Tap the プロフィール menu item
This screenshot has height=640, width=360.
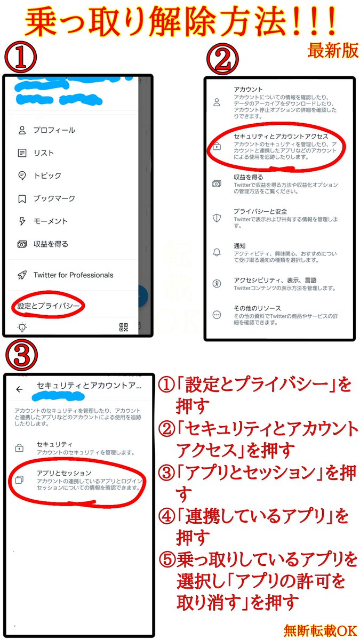point(54,130)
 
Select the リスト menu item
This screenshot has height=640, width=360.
point(43,153)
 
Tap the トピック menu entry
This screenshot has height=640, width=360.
point(47,175)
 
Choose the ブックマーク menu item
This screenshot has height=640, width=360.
point(54,198)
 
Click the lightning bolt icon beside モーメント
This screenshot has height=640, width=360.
point(22,221)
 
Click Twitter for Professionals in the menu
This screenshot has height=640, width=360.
point(73,275)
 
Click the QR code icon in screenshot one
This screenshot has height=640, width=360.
point(124,327)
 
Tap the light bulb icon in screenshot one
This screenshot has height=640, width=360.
point(22,327)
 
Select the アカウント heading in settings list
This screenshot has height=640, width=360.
point(248,90)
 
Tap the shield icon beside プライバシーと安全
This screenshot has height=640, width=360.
point(217,217)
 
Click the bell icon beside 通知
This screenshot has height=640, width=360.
point(217,252)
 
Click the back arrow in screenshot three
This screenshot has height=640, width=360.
point(20,389)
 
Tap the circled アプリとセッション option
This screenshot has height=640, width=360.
point(64,473)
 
